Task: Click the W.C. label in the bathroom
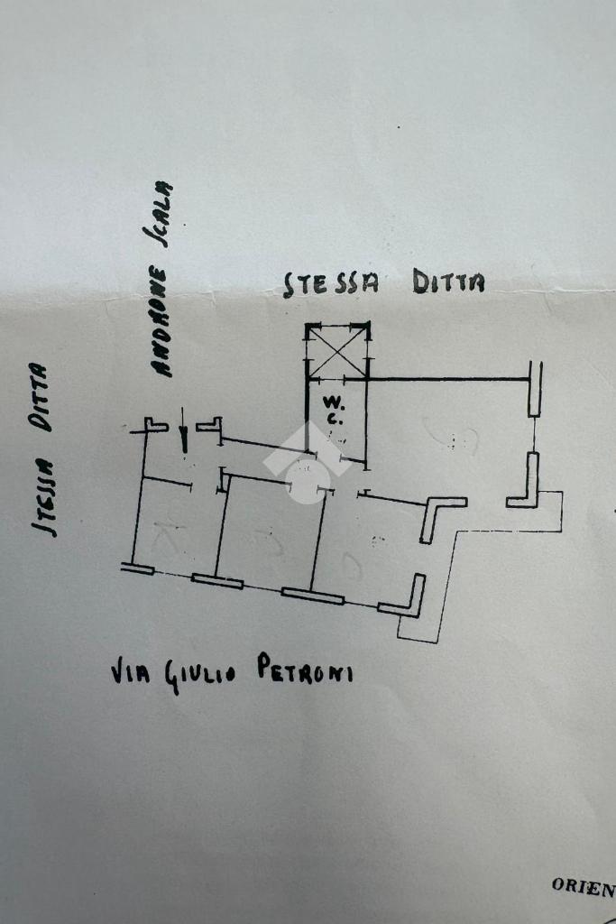[x=333, y=409]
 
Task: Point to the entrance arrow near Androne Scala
[x=184, y=436]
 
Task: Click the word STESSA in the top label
[x=331, y=283]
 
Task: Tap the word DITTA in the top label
[x=448, y=282]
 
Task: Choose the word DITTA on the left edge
[x=39, y=396]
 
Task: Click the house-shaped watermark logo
[x=306, y=462]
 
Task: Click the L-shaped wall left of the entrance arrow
[x=156, y=425]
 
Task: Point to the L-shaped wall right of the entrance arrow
[x=210, y=425]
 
